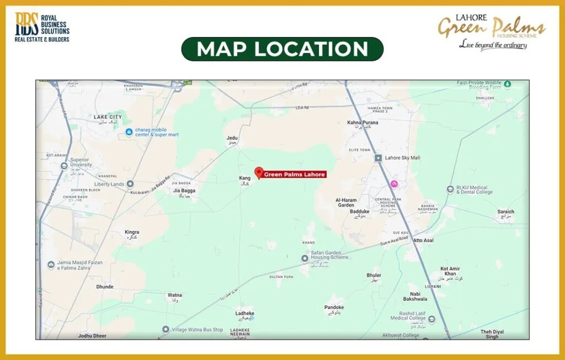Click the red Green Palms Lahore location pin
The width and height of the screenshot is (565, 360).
259,172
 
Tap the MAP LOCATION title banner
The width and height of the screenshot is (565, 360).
282,49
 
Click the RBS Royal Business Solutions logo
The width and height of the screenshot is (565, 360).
42,27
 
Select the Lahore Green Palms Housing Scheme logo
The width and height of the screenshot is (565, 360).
492,31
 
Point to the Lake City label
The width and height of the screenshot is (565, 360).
108,117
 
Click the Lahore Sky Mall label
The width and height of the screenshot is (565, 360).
402,158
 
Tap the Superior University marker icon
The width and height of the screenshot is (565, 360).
65,165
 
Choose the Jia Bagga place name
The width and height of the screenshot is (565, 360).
184,190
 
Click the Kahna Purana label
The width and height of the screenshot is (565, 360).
363,123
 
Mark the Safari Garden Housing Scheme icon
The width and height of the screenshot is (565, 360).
305,258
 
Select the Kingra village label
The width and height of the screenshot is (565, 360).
132,232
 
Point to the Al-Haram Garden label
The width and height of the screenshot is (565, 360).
346,202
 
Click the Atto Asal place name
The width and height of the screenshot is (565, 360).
423,241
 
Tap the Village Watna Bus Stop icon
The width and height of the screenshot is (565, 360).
166,330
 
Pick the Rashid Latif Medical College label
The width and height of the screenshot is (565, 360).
408,316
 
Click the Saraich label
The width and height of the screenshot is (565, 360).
505,211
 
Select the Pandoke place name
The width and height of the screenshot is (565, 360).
334,308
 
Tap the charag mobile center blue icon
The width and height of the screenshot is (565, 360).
129,131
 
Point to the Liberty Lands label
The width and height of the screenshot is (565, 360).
109,184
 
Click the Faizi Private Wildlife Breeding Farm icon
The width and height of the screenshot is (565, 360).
507,84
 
